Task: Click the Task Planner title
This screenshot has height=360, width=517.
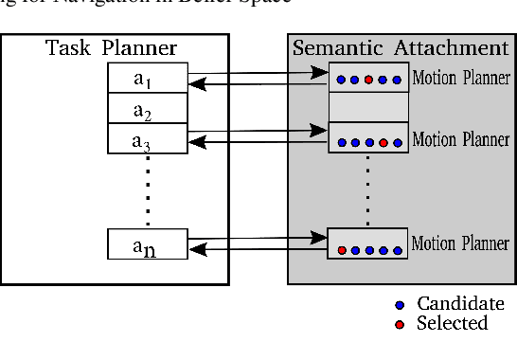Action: point(111,47)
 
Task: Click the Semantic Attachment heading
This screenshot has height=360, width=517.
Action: point(401,47)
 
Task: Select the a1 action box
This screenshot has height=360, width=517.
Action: point(142,80)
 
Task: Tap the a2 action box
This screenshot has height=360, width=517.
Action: point(142,112)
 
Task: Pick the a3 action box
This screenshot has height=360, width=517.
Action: point(142,141)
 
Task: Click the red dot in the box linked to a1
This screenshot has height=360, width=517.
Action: point(368,81)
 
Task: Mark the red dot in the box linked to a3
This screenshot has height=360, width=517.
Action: point(383,143)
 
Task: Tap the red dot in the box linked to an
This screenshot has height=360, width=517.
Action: point(341,251)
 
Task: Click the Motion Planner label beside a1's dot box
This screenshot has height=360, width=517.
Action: point(460,79)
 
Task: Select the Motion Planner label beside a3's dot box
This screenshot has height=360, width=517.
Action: point(461,140)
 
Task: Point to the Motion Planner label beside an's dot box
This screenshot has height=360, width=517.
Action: point(460,243)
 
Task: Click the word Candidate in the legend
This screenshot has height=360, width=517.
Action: point(460,304)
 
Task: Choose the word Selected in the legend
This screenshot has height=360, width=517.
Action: point(453,324)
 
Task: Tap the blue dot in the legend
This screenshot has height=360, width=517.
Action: point(400,305)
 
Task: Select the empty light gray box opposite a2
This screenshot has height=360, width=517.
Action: point(368,107)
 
